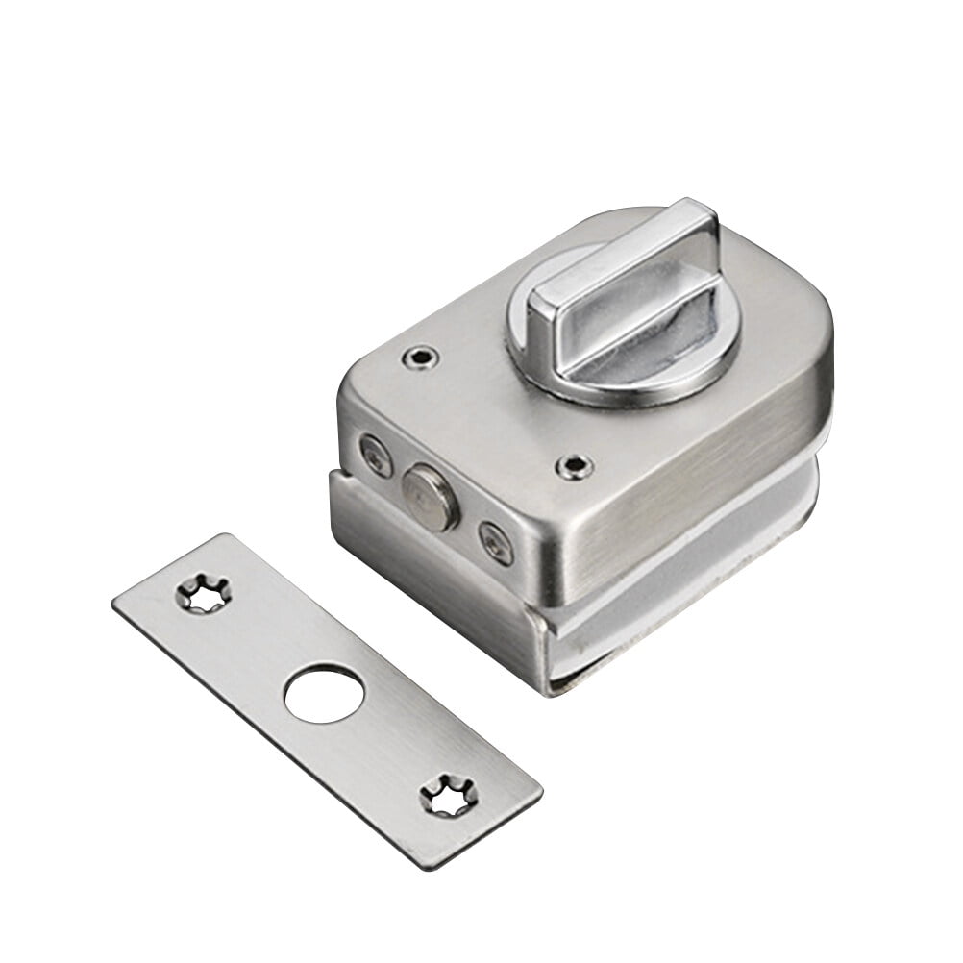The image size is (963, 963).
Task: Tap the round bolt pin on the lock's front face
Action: [x=430, y=498]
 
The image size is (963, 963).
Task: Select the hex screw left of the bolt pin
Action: [x=376, y=455]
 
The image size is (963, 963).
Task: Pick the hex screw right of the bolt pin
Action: [x=496, y=543]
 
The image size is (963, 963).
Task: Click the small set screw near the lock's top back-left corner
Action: [x=420, y=358]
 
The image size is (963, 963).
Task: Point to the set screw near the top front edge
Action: [x=574, y=467]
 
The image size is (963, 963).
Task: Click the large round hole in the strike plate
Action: [x=324, y=694]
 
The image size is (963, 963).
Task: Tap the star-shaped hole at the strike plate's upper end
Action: [x=203, y=593]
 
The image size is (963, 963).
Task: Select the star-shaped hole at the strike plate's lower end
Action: [x=448, y=796]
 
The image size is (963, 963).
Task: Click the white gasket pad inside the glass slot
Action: [x=673, y=577]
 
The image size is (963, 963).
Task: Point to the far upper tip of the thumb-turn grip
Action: [x=694, y=213]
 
